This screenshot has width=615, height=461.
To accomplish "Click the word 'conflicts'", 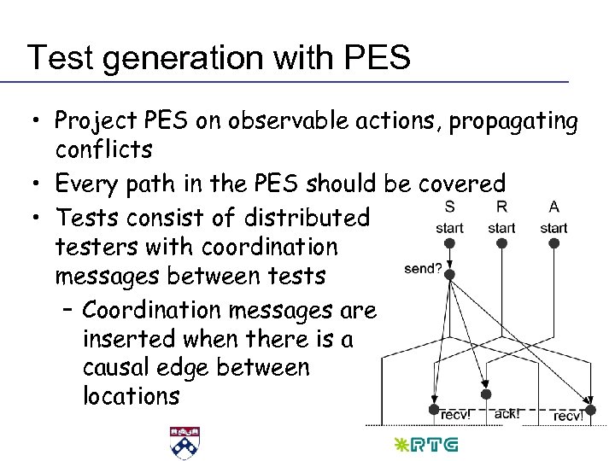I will tap(103, 150).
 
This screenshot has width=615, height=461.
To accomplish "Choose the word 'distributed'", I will tap(307, 218).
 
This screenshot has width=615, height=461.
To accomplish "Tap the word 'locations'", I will tap(131, 397).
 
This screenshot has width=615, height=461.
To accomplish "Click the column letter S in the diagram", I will tap(449, 207).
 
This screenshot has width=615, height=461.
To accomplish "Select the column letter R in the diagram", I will tap(501, 207).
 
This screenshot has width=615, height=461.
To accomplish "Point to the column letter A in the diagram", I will tap(553, 207).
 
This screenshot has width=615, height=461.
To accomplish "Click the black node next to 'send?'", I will tap(450, 275).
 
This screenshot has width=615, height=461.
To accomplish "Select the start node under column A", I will tap(553, 243).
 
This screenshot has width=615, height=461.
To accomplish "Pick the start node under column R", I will tap(501, 243).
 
